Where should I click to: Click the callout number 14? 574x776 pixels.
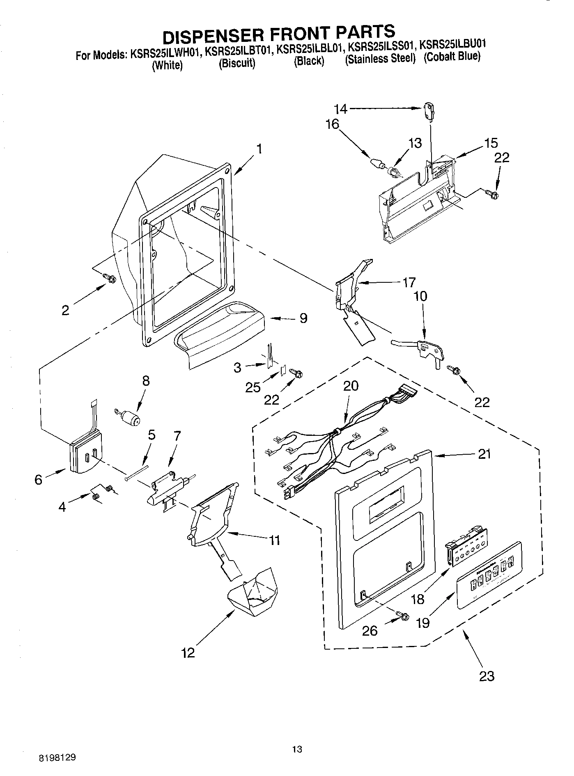[340, 109]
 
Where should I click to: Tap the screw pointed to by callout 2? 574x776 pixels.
[110, 278]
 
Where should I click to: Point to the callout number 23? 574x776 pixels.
[487, 675]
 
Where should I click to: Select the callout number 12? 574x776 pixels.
[188, 652]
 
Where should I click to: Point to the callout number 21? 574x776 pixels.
[484, 454]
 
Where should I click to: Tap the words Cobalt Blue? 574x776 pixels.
[452, 56]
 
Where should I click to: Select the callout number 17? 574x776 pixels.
[409, 282]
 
